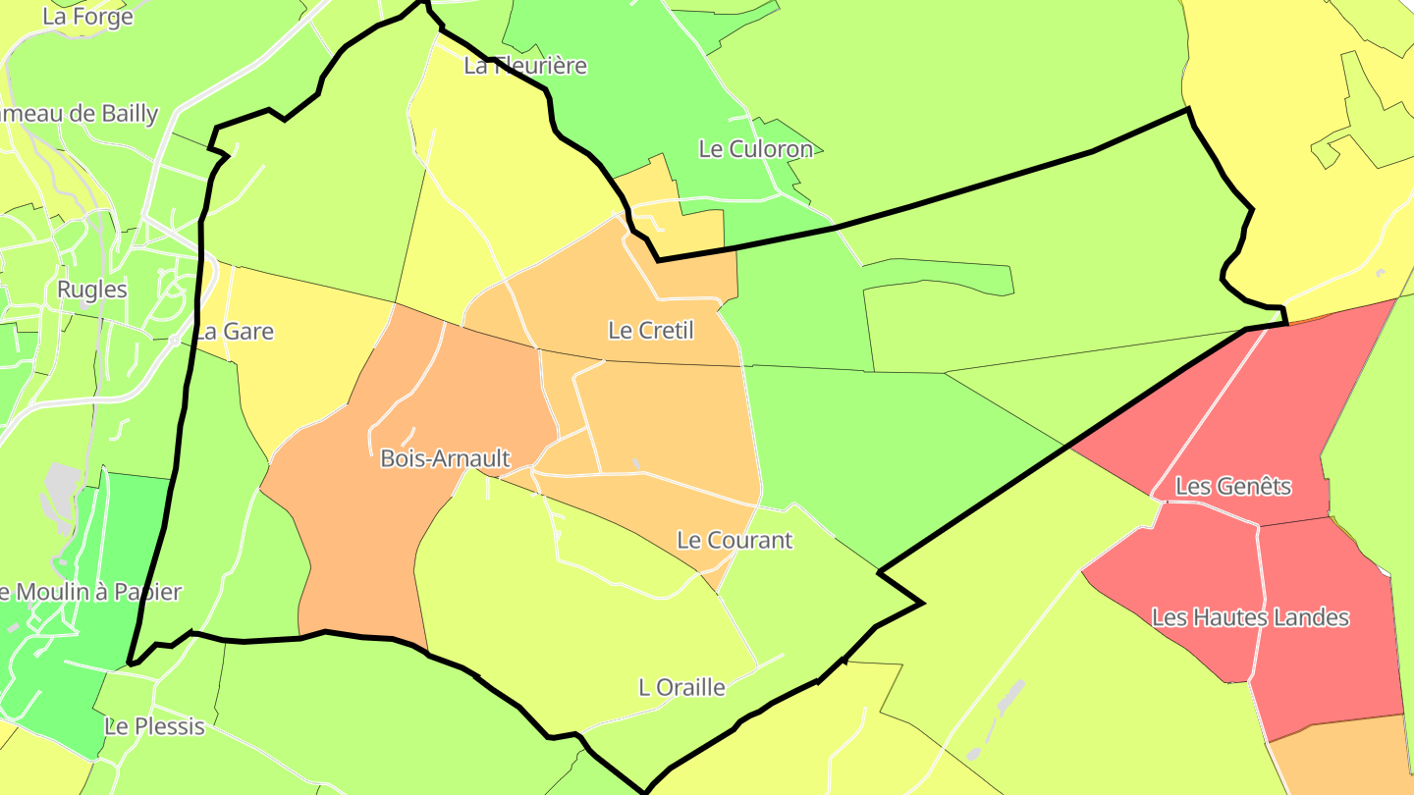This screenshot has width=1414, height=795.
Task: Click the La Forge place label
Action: point(87,17)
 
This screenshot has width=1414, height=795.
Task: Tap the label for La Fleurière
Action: point(525,66)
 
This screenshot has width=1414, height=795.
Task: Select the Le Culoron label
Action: point(756,149)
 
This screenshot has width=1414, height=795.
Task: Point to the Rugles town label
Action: point(92,290)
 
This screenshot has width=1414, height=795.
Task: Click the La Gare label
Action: point(234,332)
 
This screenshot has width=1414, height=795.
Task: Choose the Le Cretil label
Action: point(651,331)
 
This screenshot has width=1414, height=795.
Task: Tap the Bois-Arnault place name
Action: point(445,458)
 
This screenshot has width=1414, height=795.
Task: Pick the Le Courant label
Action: point(734,541)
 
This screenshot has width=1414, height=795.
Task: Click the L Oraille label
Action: point(681,687)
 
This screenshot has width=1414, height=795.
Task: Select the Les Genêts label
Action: point(1233,486)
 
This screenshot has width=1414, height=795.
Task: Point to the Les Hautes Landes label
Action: point(1250,617)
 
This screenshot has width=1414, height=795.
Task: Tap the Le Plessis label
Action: point(154,727)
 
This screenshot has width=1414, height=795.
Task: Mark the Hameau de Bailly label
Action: point(79,114)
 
